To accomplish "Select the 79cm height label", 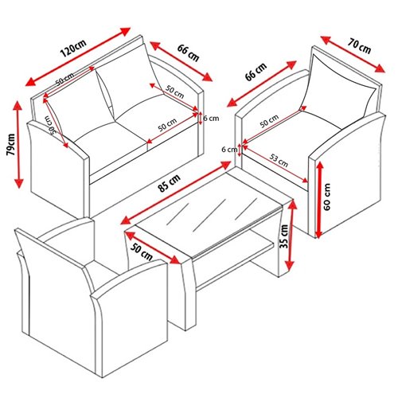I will pos(10,144).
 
